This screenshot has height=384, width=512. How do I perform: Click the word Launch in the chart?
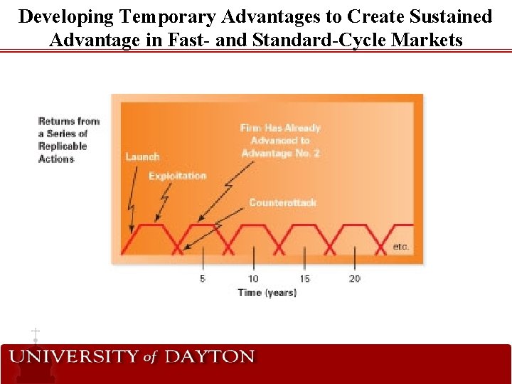[x=142, y=156]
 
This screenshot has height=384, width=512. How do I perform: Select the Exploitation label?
[x=177, y=176]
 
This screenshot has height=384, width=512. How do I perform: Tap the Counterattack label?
[x=282, y=203]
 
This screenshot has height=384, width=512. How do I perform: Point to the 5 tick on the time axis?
[x=203, y=278]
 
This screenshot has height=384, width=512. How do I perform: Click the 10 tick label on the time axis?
[x=253, y=278]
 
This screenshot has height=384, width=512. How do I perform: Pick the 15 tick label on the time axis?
[x=304, y=278]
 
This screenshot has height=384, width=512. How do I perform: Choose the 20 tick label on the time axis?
[x=355, y=278]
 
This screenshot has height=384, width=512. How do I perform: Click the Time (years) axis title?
[x=267, y=292]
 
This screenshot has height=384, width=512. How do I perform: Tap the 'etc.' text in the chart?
[x=401, y=247]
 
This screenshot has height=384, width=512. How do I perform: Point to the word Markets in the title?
[x=426, y=40]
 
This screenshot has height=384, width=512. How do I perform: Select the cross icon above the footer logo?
[x=35, y=334]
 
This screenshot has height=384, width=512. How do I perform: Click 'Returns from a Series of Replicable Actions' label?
[x=68, y=140]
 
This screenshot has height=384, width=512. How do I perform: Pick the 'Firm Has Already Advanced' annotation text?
[x=280, y=140]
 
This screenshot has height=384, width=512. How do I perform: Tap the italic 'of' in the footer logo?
[x=149, y=357]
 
